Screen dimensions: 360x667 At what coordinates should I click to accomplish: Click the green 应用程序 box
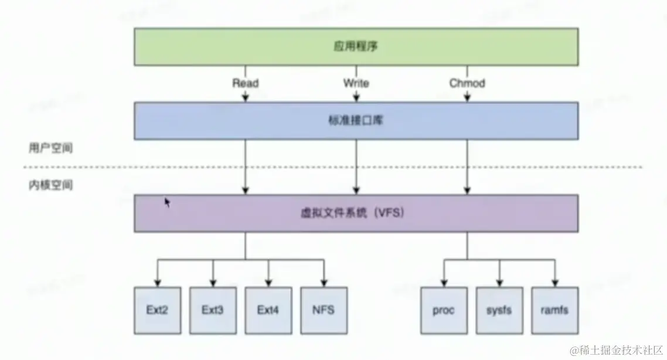point(356,47)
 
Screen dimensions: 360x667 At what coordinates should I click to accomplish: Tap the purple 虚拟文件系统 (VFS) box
point(356,213)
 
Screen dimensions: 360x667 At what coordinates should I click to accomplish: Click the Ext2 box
point(156,310)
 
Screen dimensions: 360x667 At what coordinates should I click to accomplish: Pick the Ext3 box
point(212,310)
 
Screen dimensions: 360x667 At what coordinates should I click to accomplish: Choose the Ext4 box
point(268,310)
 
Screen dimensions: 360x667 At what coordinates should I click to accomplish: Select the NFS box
point(324,310)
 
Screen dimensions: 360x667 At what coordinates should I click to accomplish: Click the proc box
point(444,310)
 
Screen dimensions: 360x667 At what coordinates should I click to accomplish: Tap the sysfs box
point(499,310)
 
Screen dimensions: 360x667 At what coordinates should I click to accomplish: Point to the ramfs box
point(554,310)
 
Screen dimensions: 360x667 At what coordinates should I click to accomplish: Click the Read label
point(245,83)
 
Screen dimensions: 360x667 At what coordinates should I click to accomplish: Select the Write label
point(356,83)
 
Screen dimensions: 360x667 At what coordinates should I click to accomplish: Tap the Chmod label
point(467,83)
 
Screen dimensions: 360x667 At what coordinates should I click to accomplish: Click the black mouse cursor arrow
point(168,203)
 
